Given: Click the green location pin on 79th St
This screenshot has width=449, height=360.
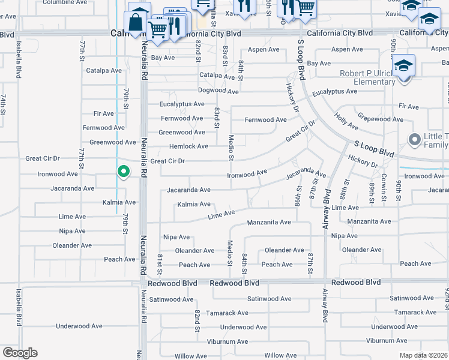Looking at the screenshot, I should click(x=123, y=172).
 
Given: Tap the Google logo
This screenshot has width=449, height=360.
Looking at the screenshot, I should click(x=20, y=353).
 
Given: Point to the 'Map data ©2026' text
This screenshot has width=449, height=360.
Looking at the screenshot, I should click(x=423, y=355).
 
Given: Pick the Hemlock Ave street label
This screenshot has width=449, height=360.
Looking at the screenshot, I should click(x=189, y=146).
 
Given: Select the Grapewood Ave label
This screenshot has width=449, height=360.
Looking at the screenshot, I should click(x=381, y=119).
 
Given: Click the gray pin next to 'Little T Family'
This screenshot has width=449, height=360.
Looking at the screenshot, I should click(x=414, y=140).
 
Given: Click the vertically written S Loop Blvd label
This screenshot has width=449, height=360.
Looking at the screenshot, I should click(x=302, y=59).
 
